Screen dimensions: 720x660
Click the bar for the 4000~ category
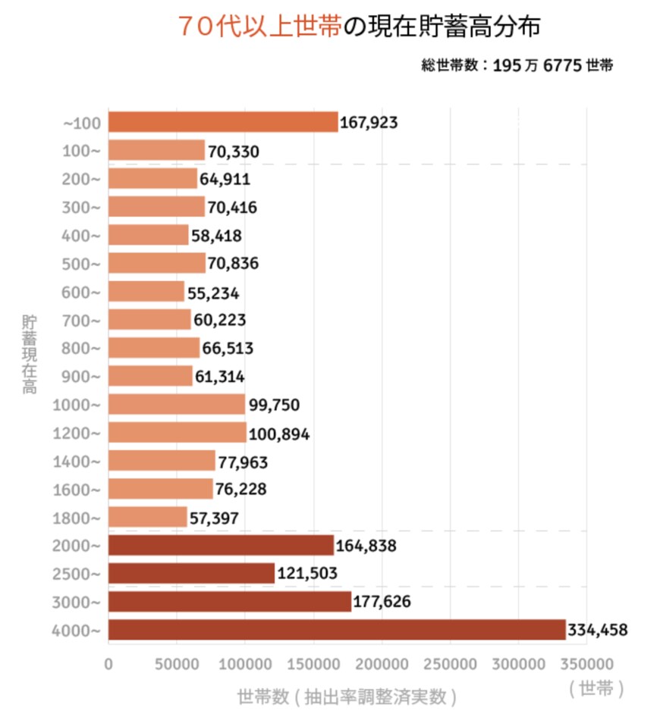tap(337, 630)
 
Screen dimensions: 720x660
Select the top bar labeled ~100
tap(223, 122)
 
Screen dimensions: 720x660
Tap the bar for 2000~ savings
tap(221, 545)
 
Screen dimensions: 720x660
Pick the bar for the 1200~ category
tap(178, 433)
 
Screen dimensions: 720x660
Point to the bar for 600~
tap(146, 292)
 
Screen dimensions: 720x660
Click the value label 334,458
tap(598, 630)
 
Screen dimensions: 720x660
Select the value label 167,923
tap(369, 123)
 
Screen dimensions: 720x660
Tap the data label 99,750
tap(274, 405)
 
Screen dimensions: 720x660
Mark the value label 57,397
tap(215, 518)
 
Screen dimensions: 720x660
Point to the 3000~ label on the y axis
tap(76, 602)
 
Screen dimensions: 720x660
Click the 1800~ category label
tap(76, 518)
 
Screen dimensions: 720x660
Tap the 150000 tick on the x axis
tap(313, 663)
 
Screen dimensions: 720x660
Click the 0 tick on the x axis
tap(108, 663)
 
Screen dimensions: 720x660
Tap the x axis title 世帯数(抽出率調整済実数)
tap(347, 696)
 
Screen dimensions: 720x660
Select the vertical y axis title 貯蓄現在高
tap(29, 354)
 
